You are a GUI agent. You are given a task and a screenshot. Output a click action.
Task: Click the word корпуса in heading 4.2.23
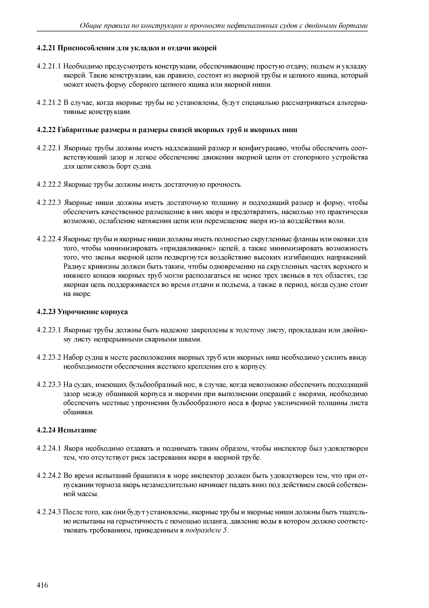click(114, 312)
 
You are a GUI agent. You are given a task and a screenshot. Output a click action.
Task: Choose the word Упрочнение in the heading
click(78, 312)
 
